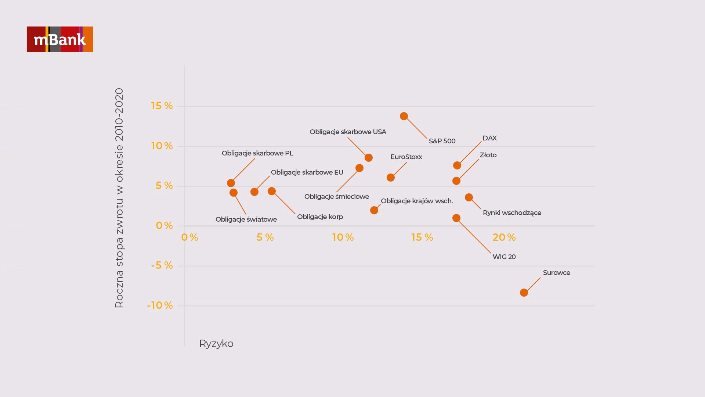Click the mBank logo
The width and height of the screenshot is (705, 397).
(60, 39)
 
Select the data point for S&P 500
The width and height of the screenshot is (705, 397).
(404, 116)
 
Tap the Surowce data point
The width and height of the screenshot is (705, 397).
(524, 293)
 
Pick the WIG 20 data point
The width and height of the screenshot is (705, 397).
(456, 218)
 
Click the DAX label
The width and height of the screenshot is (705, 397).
(489, 138)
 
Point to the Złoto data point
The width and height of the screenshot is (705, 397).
(456, 181)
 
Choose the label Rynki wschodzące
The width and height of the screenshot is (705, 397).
(512, 213)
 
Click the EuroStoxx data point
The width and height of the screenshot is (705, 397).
(391, 178)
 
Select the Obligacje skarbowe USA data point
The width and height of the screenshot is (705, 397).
(369, 158)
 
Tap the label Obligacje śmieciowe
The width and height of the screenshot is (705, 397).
(336, 197)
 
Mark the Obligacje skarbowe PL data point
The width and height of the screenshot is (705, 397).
(231, 183)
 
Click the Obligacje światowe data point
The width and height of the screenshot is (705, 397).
(234, 193)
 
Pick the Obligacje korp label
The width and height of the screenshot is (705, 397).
(320, 217)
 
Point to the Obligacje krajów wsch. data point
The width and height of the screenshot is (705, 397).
(374, 210)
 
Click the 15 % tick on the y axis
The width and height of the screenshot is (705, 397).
(162, 106)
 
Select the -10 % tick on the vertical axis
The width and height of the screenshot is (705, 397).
(160, 305)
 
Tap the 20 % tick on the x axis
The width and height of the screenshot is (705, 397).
(504, 237)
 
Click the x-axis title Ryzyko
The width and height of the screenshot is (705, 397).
(216, 344)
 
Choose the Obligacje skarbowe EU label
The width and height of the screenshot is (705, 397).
(307, 172)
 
